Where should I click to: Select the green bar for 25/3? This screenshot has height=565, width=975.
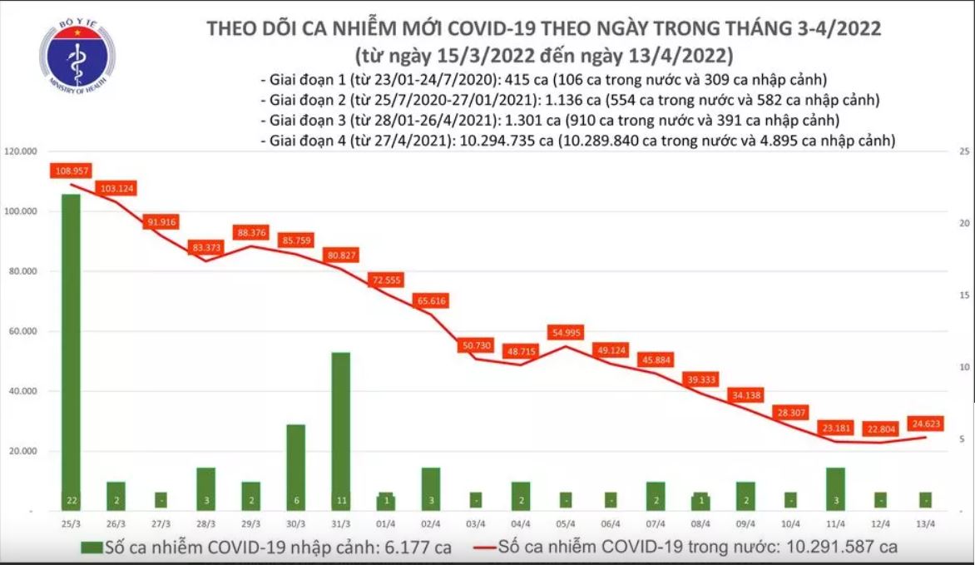tap(71, 349)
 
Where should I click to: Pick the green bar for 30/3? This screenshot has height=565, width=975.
tap(295, 466)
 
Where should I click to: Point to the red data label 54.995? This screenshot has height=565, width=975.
tap(566, 333)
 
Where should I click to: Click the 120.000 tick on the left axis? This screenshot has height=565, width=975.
tap(22, 151)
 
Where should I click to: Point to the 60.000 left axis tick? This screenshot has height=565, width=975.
tap(24, 331)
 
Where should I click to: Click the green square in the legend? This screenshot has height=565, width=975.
tap(92, 548)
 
